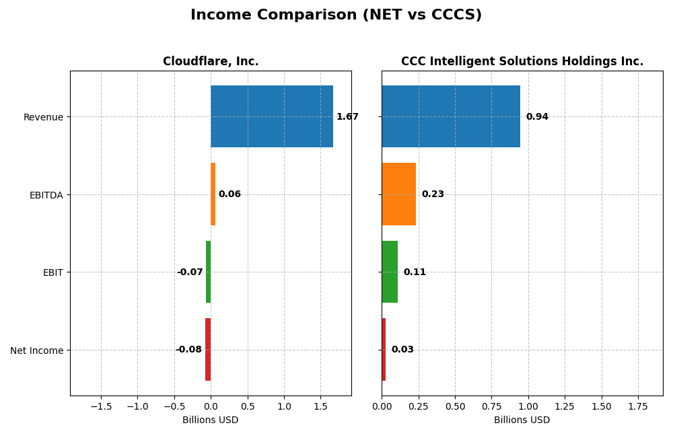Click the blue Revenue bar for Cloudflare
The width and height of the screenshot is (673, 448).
271,116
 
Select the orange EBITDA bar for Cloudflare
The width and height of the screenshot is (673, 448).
213,194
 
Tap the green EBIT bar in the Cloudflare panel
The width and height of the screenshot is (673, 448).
209,272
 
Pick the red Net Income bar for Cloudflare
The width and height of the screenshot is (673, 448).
208,350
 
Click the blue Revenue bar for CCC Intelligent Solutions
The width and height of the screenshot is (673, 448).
450,116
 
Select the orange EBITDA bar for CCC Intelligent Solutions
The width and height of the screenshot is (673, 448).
398,194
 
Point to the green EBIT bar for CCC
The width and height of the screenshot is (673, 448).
390,272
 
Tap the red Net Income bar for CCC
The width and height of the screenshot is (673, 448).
384,350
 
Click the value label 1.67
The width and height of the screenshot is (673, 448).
347,117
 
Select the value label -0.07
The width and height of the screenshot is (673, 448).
190,272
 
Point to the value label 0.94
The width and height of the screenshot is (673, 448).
537,117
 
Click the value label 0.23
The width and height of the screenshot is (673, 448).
433,194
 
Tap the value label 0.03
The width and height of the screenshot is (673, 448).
402,350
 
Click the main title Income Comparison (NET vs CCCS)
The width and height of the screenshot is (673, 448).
336,15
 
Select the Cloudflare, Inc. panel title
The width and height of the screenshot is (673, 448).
211,62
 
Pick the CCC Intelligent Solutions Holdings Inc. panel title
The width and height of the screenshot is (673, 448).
522,62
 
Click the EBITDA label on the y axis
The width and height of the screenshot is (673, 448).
46,195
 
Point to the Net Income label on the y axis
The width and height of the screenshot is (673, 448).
37,350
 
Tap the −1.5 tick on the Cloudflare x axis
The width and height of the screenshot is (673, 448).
101,406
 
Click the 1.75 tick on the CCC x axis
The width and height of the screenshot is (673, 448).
638,406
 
